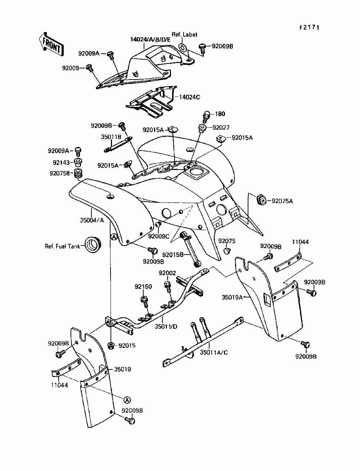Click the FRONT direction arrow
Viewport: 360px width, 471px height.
(x=51, y=44)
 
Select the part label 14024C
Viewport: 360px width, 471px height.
(x=189, y=97)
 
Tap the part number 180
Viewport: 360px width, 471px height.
(x=220, y=114)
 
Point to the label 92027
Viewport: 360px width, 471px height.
(x=221, y=127)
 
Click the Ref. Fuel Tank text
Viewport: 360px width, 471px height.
(x=62, y=246)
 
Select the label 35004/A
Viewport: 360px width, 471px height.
(x=92, y=220)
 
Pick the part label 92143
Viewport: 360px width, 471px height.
(x=62, y=163)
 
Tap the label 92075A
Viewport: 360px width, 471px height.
(x=282, y=201)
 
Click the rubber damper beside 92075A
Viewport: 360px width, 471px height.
(x=261, y=200)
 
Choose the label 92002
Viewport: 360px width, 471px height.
(x=167, y=273)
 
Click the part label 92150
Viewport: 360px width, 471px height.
(x=143, y=287)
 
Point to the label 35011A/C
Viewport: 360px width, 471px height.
(x=214, y=352)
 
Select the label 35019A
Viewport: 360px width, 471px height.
(x=232, y=297)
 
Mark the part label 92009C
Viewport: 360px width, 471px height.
(x=159, y=236)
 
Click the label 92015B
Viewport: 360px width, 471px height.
(x=173, y=255)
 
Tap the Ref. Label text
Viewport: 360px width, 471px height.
(x=184, y=35)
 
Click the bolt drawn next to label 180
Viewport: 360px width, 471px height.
(x=207, y=117)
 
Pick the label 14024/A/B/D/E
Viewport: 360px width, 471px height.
(x=150, y=40)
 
